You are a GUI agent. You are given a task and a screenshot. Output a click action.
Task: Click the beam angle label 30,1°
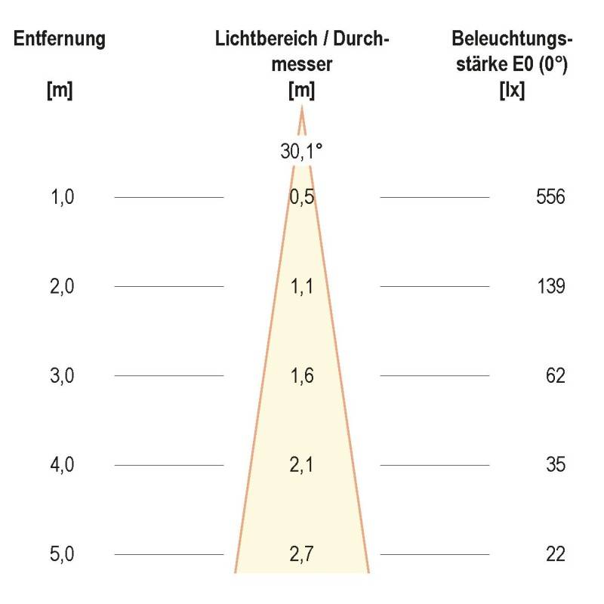tap(301, 152)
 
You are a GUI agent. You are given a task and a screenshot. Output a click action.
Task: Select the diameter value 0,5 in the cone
tap(301, 198)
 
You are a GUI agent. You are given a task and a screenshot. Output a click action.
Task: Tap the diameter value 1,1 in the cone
tap(301, 287)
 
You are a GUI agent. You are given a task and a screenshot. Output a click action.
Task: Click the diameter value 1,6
tap(301, 376)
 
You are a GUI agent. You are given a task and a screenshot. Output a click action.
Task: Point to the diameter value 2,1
tap(301, 465)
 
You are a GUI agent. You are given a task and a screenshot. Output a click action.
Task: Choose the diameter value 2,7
tap(301, 554)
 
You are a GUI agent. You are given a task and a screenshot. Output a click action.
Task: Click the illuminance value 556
tap(550, 198)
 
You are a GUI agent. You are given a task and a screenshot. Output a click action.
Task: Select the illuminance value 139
tap(550, 287)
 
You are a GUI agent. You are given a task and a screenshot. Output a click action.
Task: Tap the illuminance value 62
tap(555, 376)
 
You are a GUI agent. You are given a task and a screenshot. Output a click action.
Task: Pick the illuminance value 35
tap(555, 465)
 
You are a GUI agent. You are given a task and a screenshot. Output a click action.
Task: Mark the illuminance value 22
tap(555, 554)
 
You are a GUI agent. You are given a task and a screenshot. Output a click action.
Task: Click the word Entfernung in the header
tap(60, 39)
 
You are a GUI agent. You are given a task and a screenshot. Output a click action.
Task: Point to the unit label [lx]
tap(513, 91)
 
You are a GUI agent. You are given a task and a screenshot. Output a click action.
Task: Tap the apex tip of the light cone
tap(302, 109)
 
